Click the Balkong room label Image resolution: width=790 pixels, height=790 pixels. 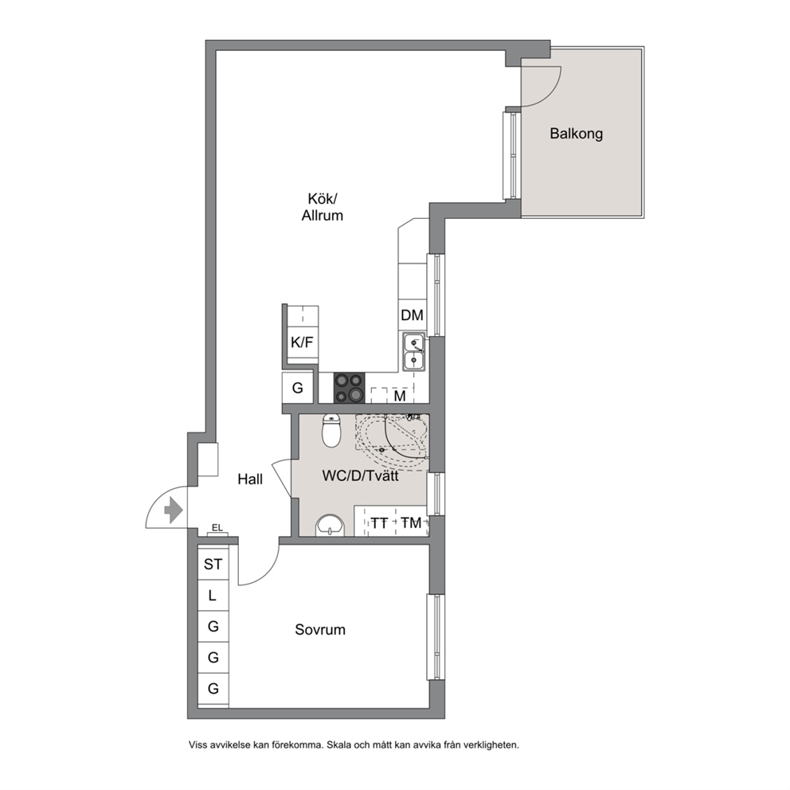click(576, 134)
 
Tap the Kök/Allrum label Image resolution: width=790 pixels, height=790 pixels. click(323, 206)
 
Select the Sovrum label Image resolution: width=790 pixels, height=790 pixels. click(320, 630)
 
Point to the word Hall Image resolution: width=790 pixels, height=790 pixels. click(250, 479)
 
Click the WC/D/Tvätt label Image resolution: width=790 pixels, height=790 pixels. click(360, 475)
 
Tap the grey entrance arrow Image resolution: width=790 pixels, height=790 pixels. click(174, 510)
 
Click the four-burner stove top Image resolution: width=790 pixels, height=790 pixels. click(349, 388)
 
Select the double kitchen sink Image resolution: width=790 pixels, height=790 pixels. click(414, 351)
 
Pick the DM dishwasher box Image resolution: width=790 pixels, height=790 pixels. click(413, 315)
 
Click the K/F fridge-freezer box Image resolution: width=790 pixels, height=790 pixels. click(303, 342)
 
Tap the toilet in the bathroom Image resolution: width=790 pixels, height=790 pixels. click(331, 430)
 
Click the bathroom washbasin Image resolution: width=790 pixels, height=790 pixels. click(330, 526)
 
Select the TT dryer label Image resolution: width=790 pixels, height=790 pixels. click(379, 523)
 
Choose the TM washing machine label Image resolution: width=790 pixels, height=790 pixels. click(411, 523)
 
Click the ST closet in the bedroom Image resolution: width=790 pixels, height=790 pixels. click(213, 565)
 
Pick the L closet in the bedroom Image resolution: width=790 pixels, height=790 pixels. click(213, 596)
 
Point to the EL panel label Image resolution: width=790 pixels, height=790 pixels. click(217, 528)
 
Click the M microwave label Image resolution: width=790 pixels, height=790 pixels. click(400, 397)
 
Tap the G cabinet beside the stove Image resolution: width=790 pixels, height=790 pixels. click(298, 388)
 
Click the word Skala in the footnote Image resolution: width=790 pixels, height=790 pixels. click(339, 745)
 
